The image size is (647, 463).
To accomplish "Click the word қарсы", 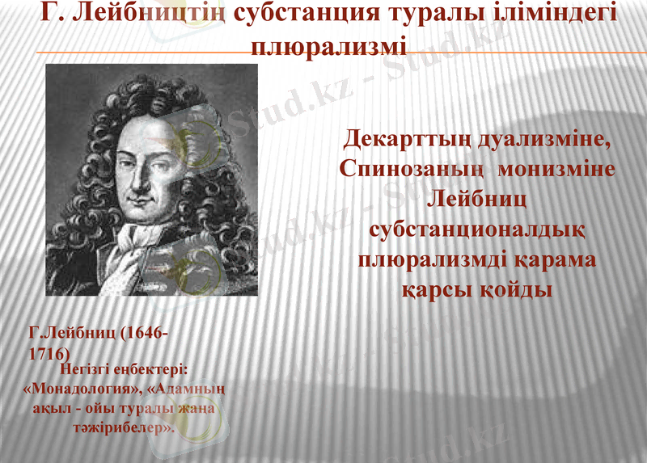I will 438,290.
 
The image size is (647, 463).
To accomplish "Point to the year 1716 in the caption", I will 49,353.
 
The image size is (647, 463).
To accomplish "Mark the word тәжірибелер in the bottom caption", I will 125,426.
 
